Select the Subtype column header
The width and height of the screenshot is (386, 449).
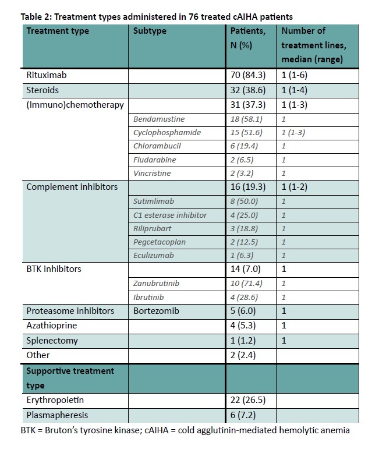tap(150, 31)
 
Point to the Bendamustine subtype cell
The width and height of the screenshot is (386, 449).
tap(159, 119)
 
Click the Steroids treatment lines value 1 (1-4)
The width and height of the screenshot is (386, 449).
tap(298, 90)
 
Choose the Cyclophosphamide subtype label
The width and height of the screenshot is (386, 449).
tap(167, 133)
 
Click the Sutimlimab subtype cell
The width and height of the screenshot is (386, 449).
tap(154, 201)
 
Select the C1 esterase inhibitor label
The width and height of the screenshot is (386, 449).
tap(170, 215)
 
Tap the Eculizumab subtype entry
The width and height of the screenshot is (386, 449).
tap(154, 256)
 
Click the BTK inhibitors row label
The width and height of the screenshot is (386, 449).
tap(54, 270)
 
